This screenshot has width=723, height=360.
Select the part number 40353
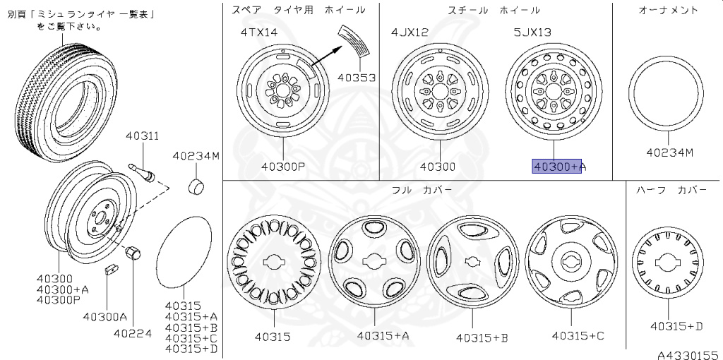357,78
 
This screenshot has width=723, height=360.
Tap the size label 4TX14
259,32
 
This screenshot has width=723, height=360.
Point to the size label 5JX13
532,32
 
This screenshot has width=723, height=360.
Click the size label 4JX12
410,32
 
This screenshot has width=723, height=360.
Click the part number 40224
133,333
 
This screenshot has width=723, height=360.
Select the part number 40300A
104,317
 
